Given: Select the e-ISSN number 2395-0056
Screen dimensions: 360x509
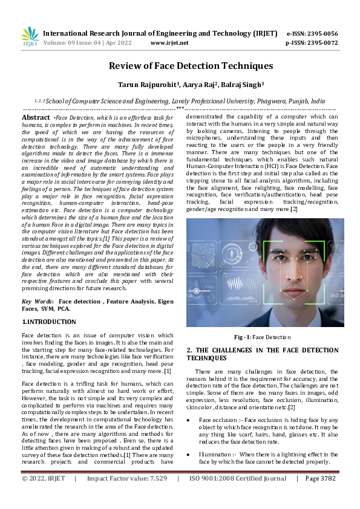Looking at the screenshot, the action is (x=321, y=33).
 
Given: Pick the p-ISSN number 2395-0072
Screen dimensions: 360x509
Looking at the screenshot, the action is (x=321, y=43).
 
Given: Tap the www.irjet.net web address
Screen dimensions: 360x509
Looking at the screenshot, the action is (x=169, y=43).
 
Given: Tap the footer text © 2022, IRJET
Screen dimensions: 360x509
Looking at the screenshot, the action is (x=43, y=495).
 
